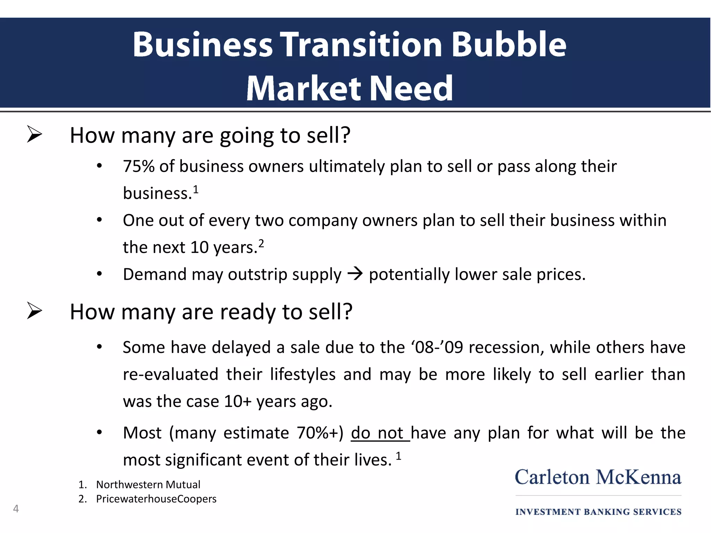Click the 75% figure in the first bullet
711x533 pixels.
139,166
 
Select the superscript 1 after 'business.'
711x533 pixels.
196,189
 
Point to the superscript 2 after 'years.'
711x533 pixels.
261,243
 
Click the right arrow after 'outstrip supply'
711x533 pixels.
355,274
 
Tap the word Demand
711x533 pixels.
155,274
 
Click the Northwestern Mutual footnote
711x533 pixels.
148,484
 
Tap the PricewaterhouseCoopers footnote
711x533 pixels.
156,499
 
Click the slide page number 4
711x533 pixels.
16,509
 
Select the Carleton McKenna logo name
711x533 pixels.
598,477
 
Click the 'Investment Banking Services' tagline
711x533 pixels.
598,512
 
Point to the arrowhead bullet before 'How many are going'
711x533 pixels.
34,135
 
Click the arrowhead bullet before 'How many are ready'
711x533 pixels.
34,311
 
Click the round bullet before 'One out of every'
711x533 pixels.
100,220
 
